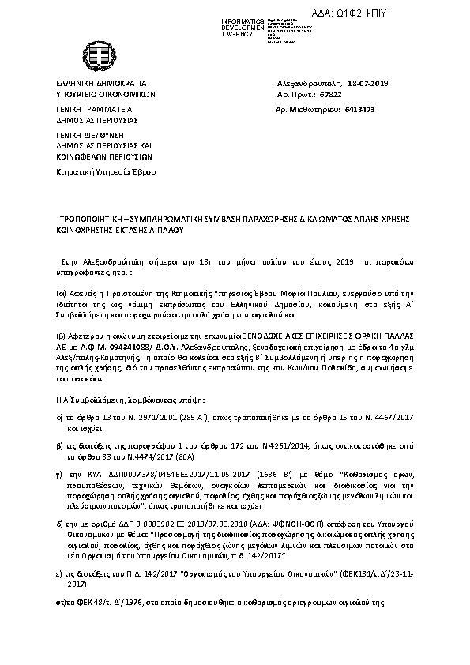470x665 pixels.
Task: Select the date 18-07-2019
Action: [369, 83]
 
